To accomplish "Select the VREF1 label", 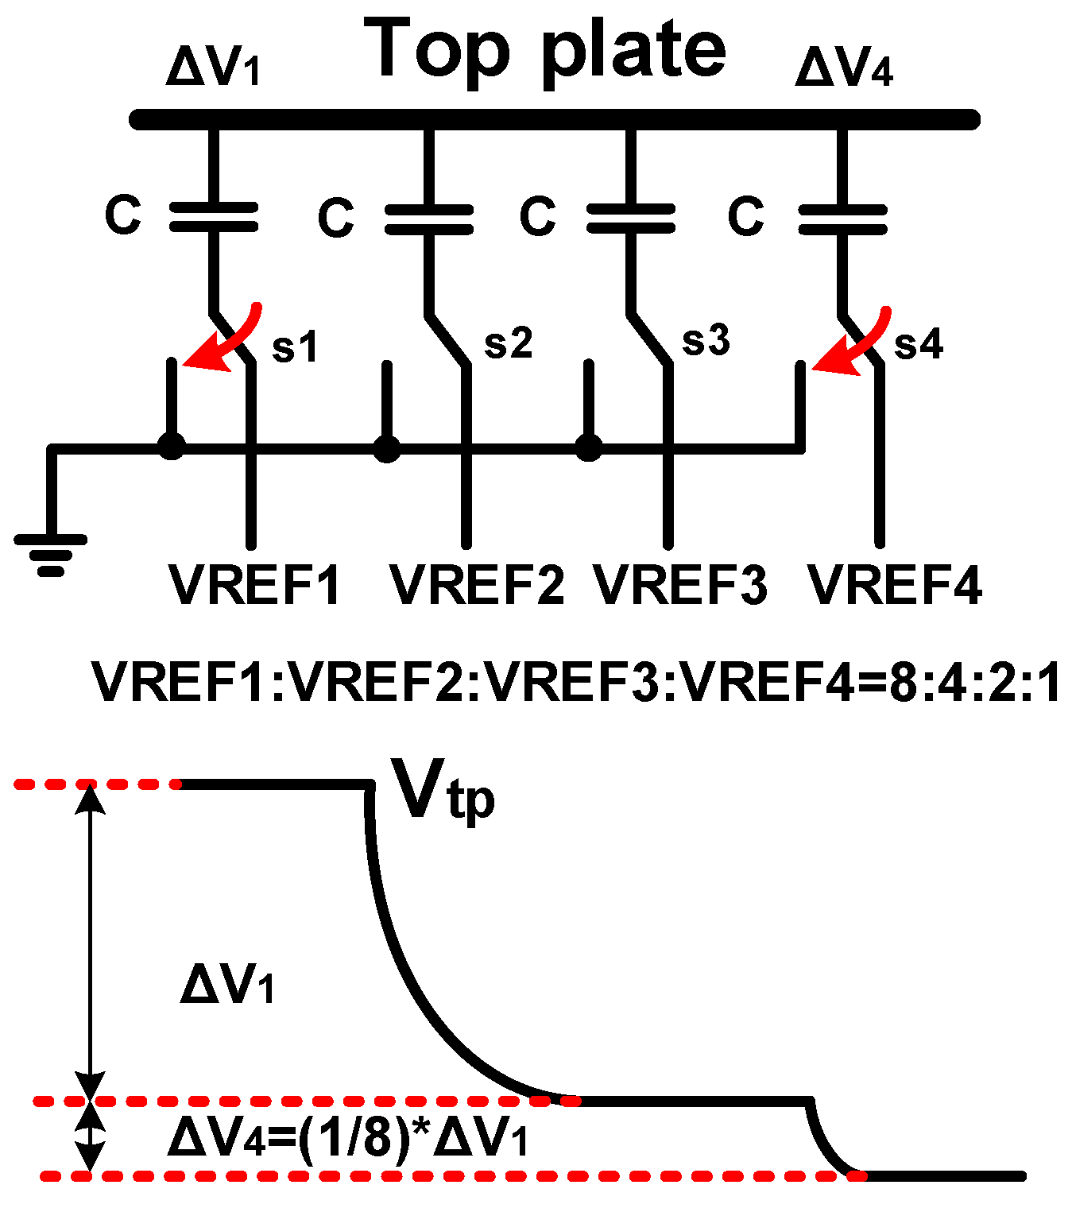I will [x=254, y=586].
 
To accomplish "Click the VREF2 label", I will [x=477, y=586].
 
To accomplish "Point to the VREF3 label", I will [x=681, y=586].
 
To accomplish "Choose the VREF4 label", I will [x=895, y=586].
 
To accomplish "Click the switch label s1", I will [x=295, y=347].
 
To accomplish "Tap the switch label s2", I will [x=508, y=343].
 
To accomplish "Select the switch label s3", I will [x=706, y=341].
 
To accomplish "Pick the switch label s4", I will [x=919, y=345].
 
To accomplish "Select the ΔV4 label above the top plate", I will [x=844, y=68].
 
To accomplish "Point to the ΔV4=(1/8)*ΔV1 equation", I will [x=347, y=1139].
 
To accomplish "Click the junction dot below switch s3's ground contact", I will [x=588, y=448].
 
